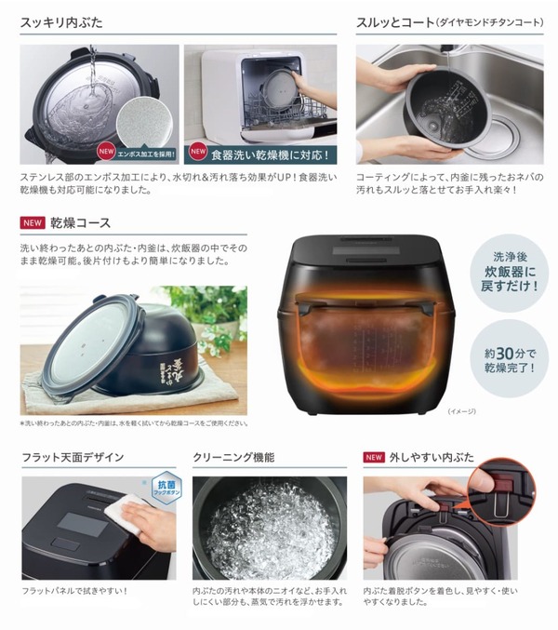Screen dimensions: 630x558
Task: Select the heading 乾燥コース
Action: [82, 223]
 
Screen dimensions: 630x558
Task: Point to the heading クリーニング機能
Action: [235, 458]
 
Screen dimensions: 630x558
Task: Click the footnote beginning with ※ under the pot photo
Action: [133, 423]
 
